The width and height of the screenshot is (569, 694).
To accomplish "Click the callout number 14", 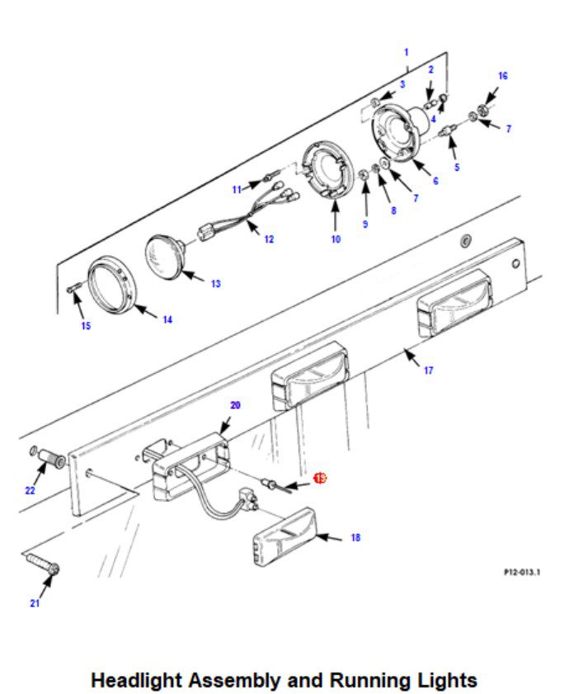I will click(x=167, y=319).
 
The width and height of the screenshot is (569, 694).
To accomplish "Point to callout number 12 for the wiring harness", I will click(x=269, y=239).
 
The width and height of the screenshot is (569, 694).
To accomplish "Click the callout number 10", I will click(x=336, y=239).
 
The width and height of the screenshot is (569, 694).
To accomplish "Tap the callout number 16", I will click(x=503, y=76).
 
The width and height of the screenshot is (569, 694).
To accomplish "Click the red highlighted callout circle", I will click(x=320, y=478).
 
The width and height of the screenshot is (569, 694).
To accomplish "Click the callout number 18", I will click(x=355, y=537).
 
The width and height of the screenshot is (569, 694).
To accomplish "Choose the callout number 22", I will click(x=31, y=490).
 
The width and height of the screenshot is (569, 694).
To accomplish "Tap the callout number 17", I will click(x=428, y=371).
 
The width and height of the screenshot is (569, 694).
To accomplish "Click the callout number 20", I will click(x=235, y=405).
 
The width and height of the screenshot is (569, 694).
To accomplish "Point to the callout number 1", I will click(x=406, y=52).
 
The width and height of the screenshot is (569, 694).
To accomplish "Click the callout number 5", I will click(x=457, y=168).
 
